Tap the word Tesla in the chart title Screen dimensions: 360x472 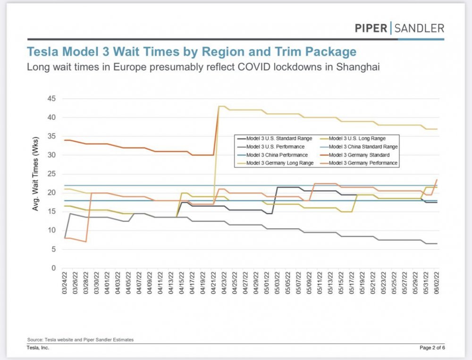44,51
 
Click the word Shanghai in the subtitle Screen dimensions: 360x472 357,67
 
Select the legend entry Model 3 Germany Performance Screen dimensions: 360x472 362,163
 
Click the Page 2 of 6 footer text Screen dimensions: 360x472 431,348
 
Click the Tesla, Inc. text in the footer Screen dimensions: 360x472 38,348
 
